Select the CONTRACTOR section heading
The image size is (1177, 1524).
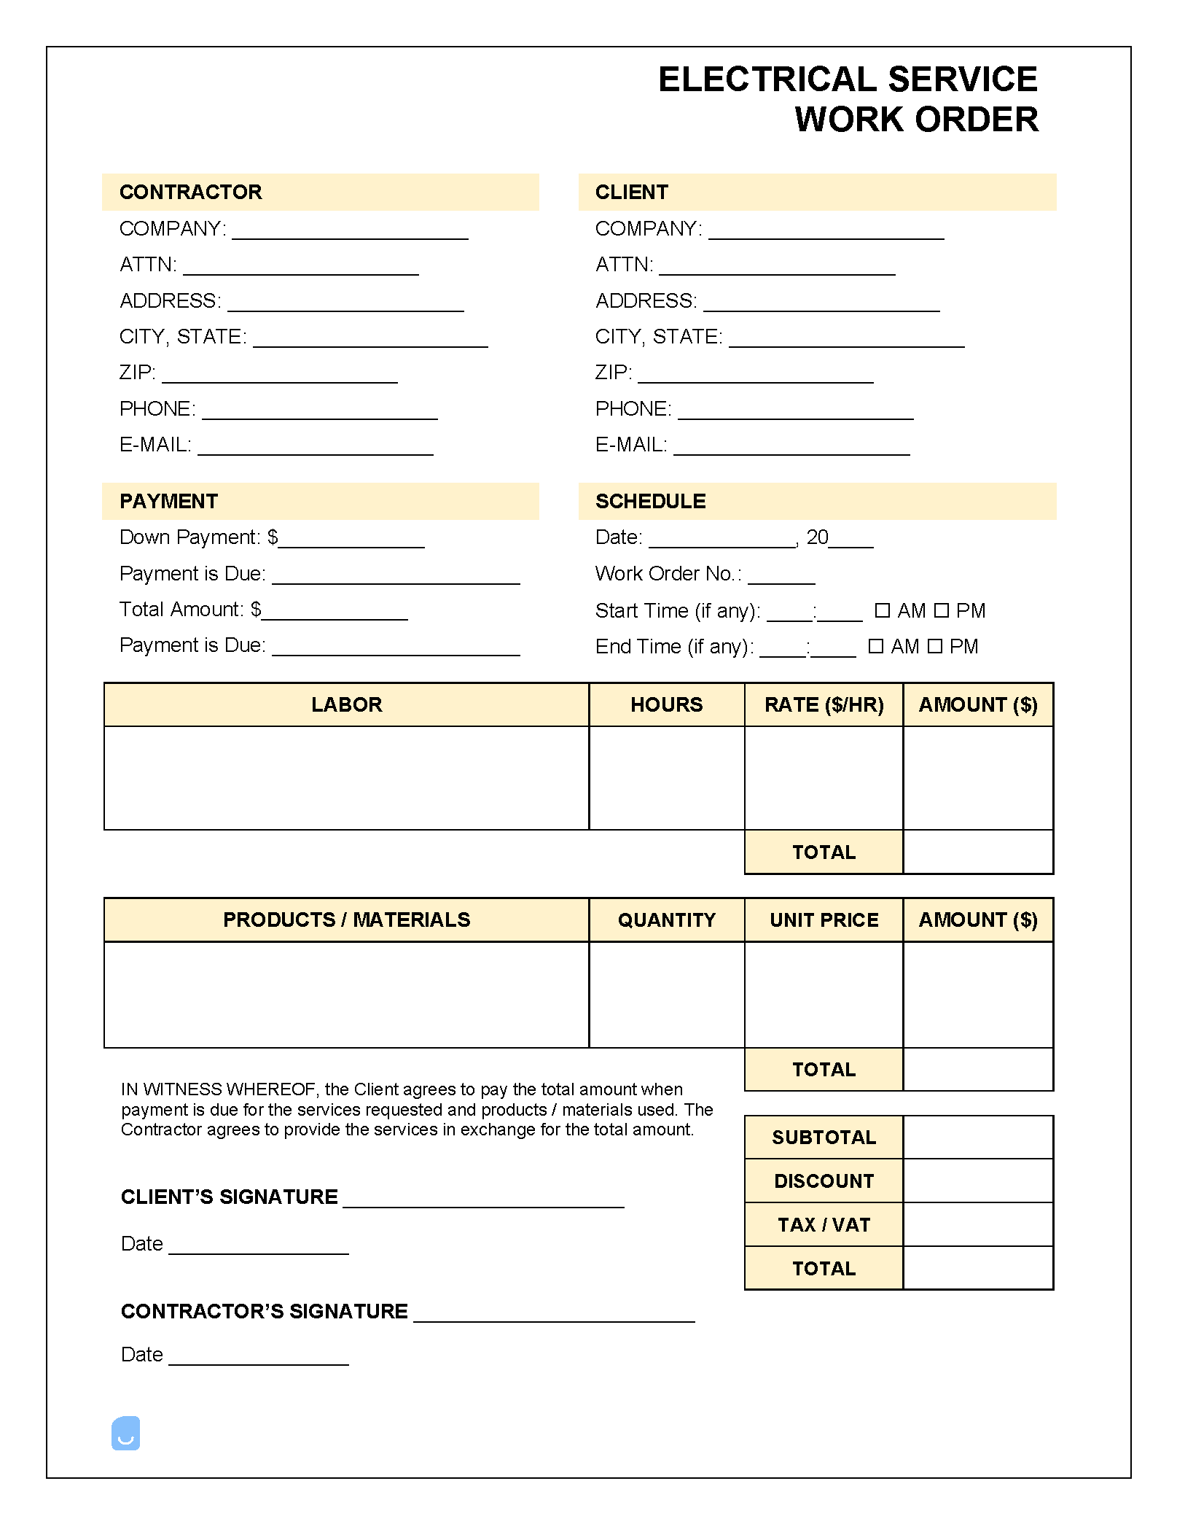click(190, 192)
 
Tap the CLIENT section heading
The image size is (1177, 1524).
click(631, 192)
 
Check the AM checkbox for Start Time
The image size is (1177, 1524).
click(882, 610)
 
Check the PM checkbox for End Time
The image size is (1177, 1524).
click(935, 646)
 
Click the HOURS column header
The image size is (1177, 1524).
click(666, 704)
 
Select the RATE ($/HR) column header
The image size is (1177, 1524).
click(824, 704)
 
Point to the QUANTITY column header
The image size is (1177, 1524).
click(666, 920)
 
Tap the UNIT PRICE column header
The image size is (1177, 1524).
click(824, 920)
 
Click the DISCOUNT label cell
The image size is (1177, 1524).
click(824, 1181)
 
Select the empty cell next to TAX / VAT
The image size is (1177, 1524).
click(978, 1224)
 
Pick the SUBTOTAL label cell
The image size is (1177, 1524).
click(824, 1137)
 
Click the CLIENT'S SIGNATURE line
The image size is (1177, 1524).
click(483, 1202)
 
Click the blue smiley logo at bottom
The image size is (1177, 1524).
click(125, 1433)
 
